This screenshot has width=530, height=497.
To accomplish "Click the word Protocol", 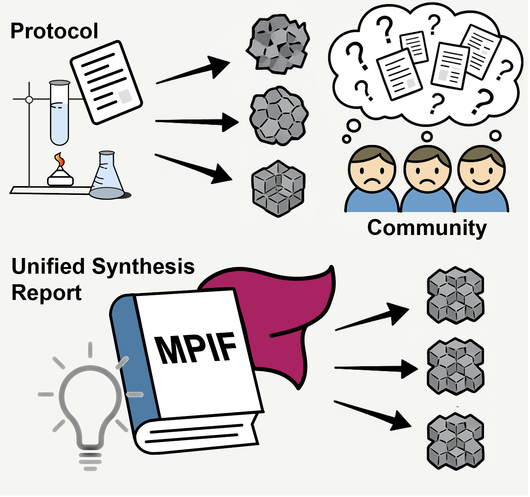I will coord(54,31).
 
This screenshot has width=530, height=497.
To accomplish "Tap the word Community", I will coord(427,228).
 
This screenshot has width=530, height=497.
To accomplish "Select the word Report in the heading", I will coord(46,293).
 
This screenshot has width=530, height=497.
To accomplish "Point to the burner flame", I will coord(59,160).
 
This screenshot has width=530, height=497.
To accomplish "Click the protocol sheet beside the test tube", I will coord(106,82).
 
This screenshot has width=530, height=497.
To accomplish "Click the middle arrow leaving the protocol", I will coord(197,122).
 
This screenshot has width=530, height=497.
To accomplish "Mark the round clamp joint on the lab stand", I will coord(29,99).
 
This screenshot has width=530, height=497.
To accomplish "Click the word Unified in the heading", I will coord(49,266).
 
